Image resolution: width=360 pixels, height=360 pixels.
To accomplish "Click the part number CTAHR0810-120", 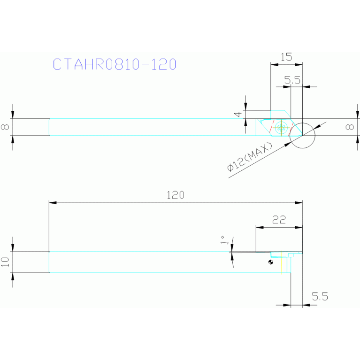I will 115,64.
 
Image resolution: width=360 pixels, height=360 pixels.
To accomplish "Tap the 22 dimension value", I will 279,220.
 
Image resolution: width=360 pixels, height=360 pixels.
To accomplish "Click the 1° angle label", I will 225,241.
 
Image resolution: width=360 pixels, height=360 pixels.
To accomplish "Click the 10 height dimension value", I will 5,262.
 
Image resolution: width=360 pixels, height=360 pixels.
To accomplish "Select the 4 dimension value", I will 238,114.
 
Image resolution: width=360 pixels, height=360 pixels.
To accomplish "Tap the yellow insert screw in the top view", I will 282,127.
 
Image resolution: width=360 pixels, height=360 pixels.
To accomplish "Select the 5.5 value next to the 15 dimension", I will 292,81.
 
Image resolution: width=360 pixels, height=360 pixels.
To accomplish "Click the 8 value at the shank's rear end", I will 5,127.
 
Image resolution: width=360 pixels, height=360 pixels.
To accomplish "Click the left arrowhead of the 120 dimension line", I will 53,203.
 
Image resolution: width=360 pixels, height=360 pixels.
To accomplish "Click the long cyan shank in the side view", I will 141,262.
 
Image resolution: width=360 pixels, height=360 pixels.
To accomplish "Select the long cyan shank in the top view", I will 141,127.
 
